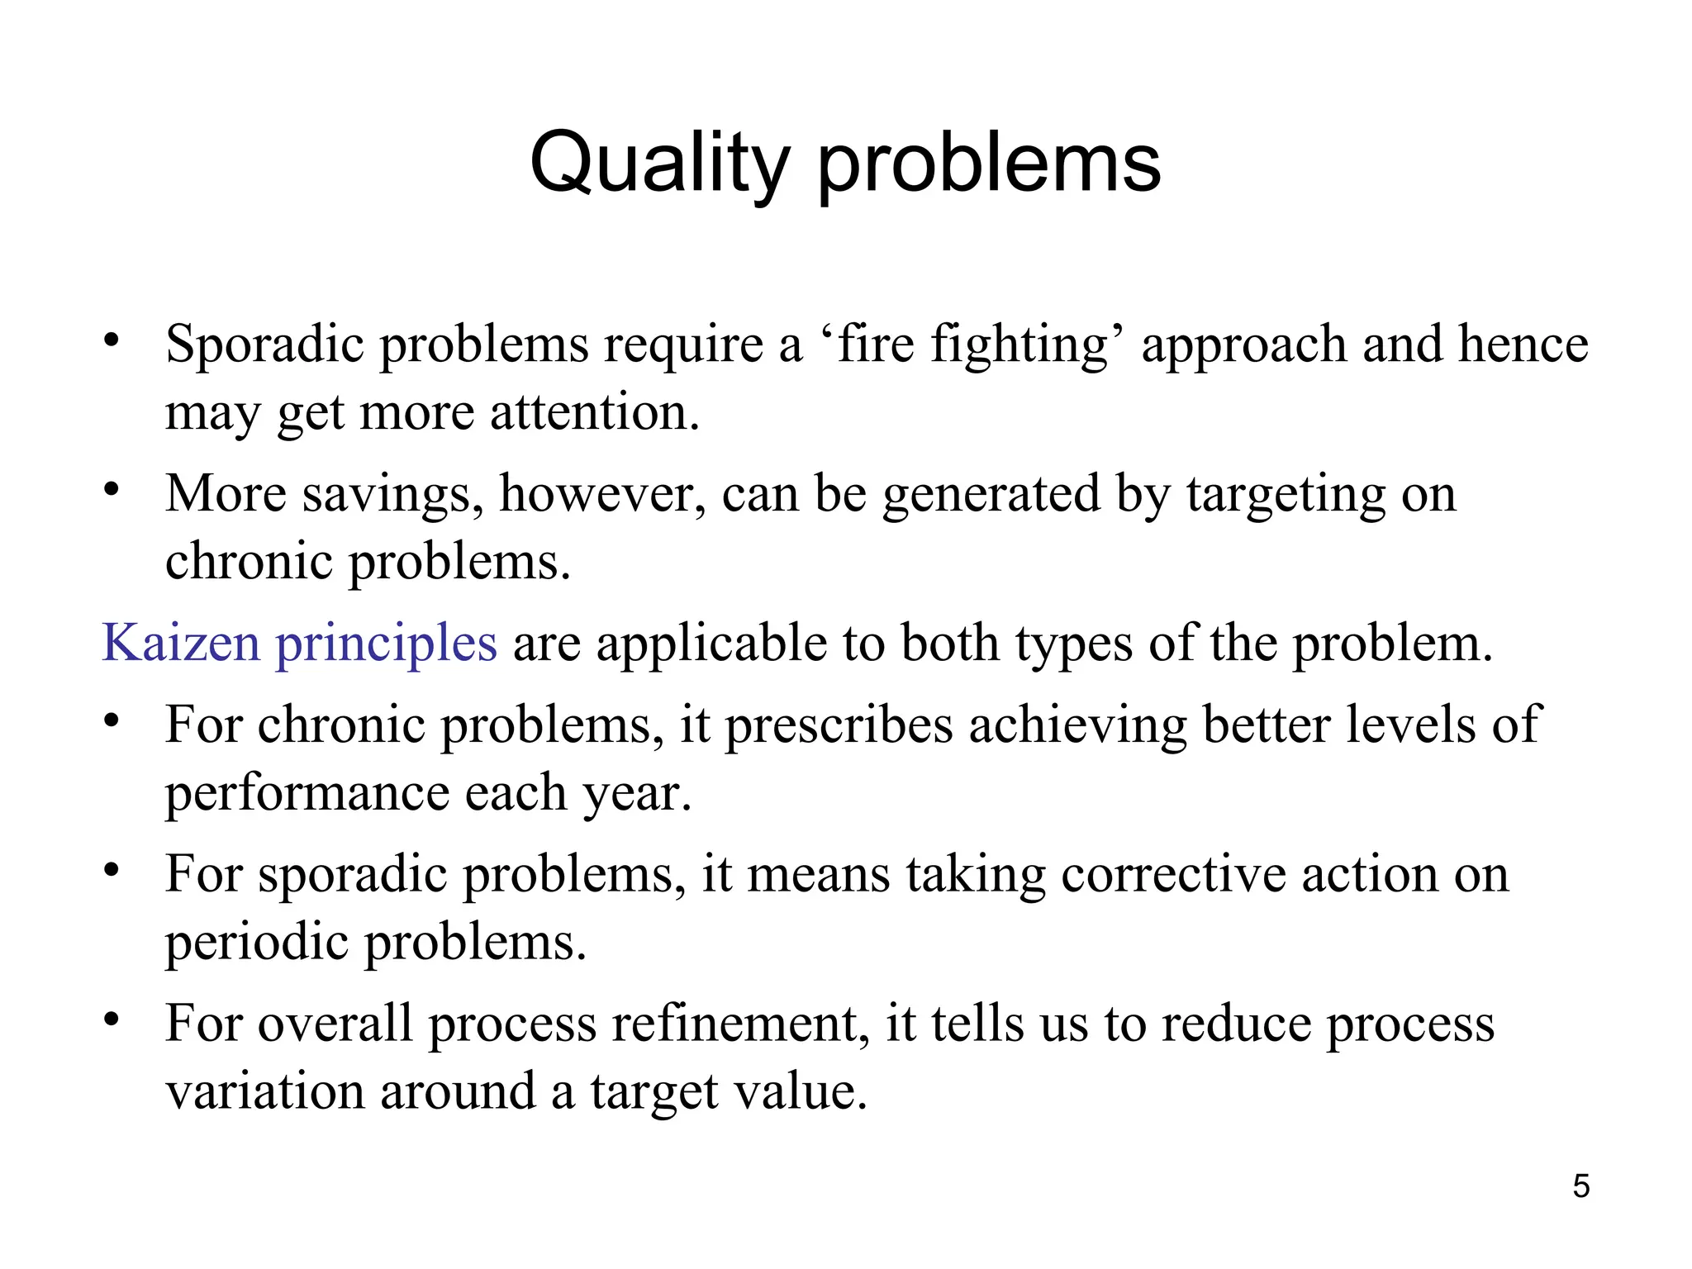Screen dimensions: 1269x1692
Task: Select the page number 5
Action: click(x=1580, y=1186)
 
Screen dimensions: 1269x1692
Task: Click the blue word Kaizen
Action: click(x=180, y=642)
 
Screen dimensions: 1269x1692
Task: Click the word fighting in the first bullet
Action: click(x=1019, y=345)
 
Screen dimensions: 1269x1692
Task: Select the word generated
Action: click(x=991, y=496)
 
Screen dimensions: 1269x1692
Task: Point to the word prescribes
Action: click(x=839, y=725)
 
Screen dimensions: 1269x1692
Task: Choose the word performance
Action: click(x=307, y=793)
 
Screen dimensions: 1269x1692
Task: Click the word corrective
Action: click(x=1173, y=874)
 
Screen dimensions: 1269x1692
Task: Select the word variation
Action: click(x=264, y=1091)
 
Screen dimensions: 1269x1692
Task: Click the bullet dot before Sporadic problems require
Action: click(x=112, y=340)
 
